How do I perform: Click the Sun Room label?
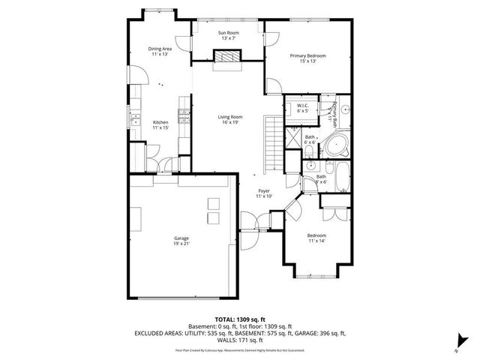pyautogui.click(x=228, y=33)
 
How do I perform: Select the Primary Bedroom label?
pyautogui.click(x=307, y=56)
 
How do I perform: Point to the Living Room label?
pyautogui.click(x=229, y=117)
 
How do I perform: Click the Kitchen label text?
pyautogui.click(x=160, y=123)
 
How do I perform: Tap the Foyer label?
pyautogui.click(x=264, y=191)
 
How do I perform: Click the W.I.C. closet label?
pyautogui.click(x=302, y=106)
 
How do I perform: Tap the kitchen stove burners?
pyautogui.click(x=182, y=115)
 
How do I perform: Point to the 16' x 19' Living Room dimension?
pyautogui.click(x=229, y=123)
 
